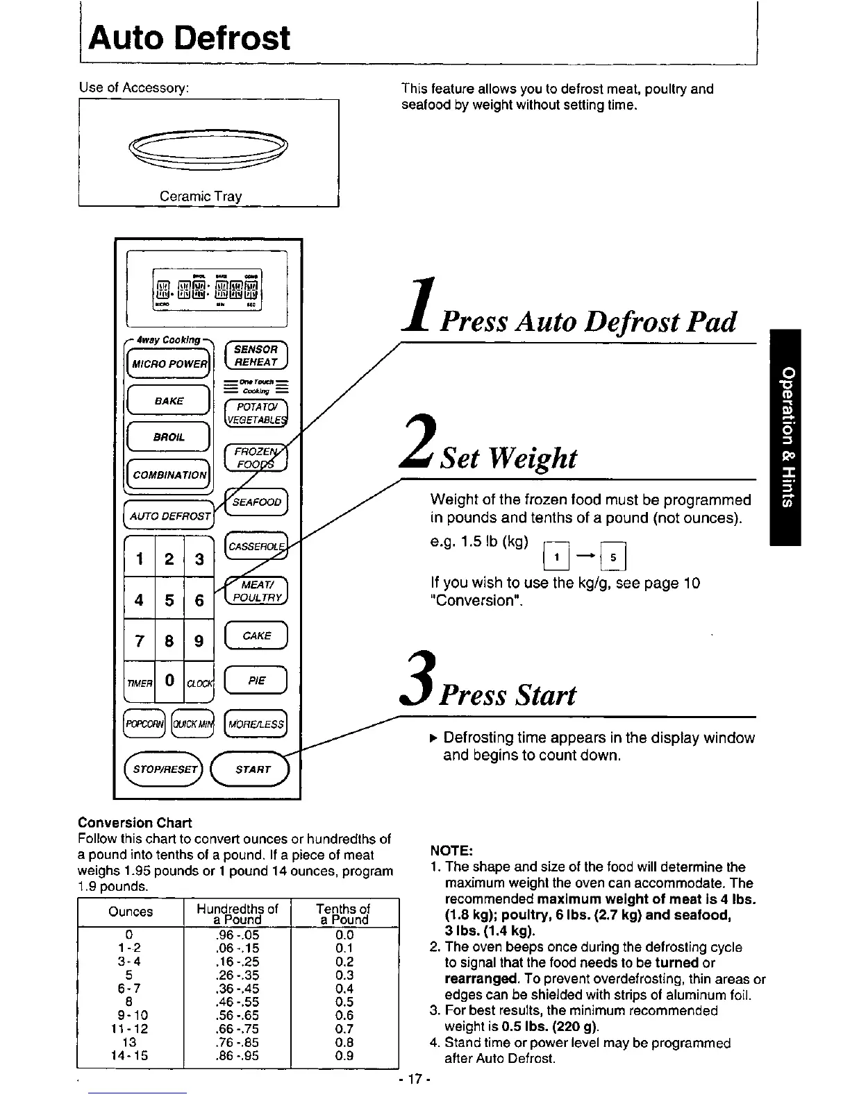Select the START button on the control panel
pyautogui.click(x=253, y=769)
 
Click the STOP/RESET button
pyautogui.click(x=164, y=769)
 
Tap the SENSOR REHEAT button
pyautogui.click(x=256, y=355)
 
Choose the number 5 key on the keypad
pyautogui.click(x=169, y=599)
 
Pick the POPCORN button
pyautogui.click(x=144, y=725)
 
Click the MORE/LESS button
pyautogui.click(x=256, y=725)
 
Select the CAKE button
pyautogui.click(x=256, y=636)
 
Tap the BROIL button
pyautogui.click(x=169, y=438)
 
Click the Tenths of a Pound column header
pyautogui.click(x=344, y=914)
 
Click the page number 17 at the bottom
pyautogui.click(x=417, y=1079)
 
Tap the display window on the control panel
pyautogui.click(x=207, y=289)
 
